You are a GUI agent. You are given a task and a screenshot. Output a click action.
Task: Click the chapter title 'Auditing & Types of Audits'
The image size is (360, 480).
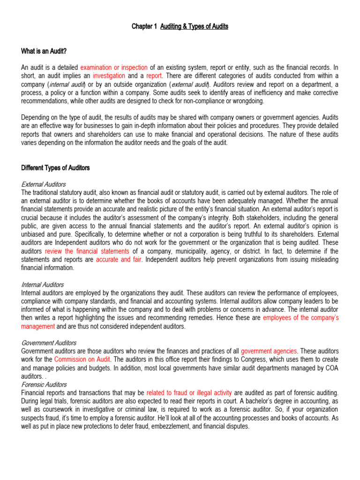tap(194, 27)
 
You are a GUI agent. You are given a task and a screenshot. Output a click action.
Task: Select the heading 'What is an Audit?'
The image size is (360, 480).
tap(45, 51)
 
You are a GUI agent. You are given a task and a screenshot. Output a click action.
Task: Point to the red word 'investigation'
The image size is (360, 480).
tap(109, 76)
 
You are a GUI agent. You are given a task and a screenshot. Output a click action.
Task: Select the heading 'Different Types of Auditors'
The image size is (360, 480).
tap(55, 168)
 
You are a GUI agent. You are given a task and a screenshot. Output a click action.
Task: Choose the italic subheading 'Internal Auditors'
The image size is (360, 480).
tap(43, 285)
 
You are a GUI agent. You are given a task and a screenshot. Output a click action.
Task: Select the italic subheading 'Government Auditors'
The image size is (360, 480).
tap(49, 343)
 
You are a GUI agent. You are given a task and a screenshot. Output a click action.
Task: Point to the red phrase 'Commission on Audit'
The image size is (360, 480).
tap(82, 359)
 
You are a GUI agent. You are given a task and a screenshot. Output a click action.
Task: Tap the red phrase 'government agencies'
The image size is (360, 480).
tap(269, 351)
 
